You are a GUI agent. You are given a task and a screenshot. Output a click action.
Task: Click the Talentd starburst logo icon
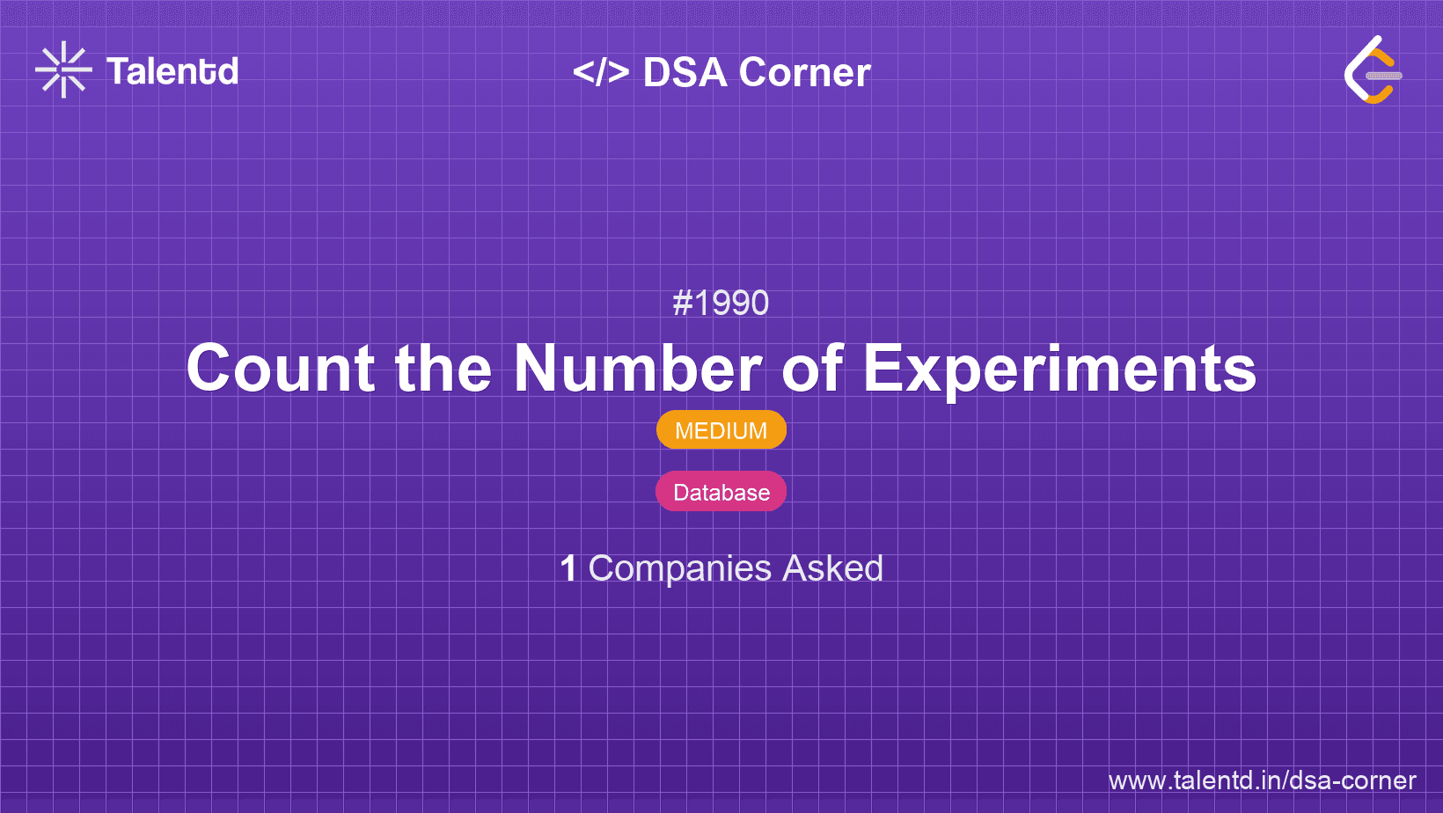[63, 70]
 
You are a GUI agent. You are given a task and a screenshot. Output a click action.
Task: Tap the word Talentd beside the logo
[172, 71]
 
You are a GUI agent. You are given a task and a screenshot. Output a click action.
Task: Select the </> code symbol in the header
[601, 71]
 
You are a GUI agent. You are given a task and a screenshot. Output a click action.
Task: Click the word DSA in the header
[685, 72]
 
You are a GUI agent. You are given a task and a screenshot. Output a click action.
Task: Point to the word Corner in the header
[804, 72]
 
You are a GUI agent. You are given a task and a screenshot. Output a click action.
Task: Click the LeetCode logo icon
[1373, 70]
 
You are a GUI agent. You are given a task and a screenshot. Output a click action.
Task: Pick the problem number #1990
[721, 303]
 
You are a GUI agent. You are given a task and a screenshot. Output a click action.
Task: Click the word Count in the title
[280, 368]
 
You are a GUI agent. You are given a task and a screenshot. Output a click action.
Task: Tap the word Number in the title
[638, 368]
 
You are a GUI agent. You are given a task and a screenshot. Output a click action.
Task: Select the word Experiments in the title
[1059, 370]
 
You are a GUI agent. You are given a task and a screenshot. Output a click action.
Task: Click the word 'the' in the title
[443, 368]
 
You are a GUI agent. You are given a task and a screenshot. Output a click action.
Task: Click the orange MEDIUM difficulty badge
[721, 429]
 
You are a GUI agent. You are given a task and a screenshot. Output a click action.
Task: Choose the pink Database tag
[721, 492]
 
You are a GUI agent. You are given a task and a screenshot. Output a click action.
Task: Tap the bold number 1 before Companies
[568, 568]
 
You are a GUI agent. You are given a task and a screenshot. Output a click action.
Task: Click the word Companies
[679, 569]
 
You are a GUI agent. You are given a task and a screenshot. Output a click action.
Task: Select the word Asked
[832, 568]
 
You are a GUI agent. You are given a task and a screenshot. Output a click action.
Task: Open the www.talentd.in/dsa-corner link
[1262, 780]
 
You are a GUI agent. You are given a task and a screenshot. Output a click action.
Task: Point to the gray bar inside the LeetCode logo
[1384, 76]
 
